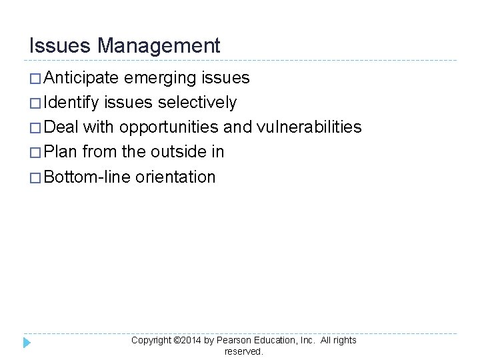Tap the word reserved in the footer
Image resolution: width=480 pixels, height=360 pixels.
coord(244,351)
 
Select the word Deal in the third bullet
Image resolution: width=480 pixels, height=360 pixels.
coord(61,127)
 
